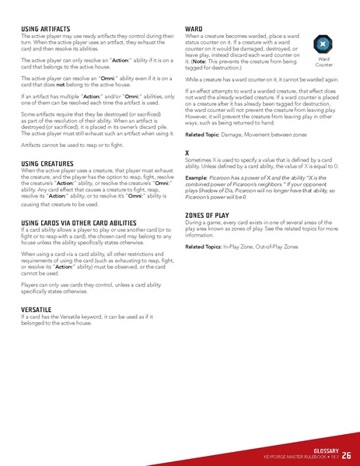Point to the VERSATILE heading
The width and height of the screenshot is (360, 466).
pos(36,309)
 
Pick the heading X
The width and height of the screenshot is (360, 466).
pos(187,152)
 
